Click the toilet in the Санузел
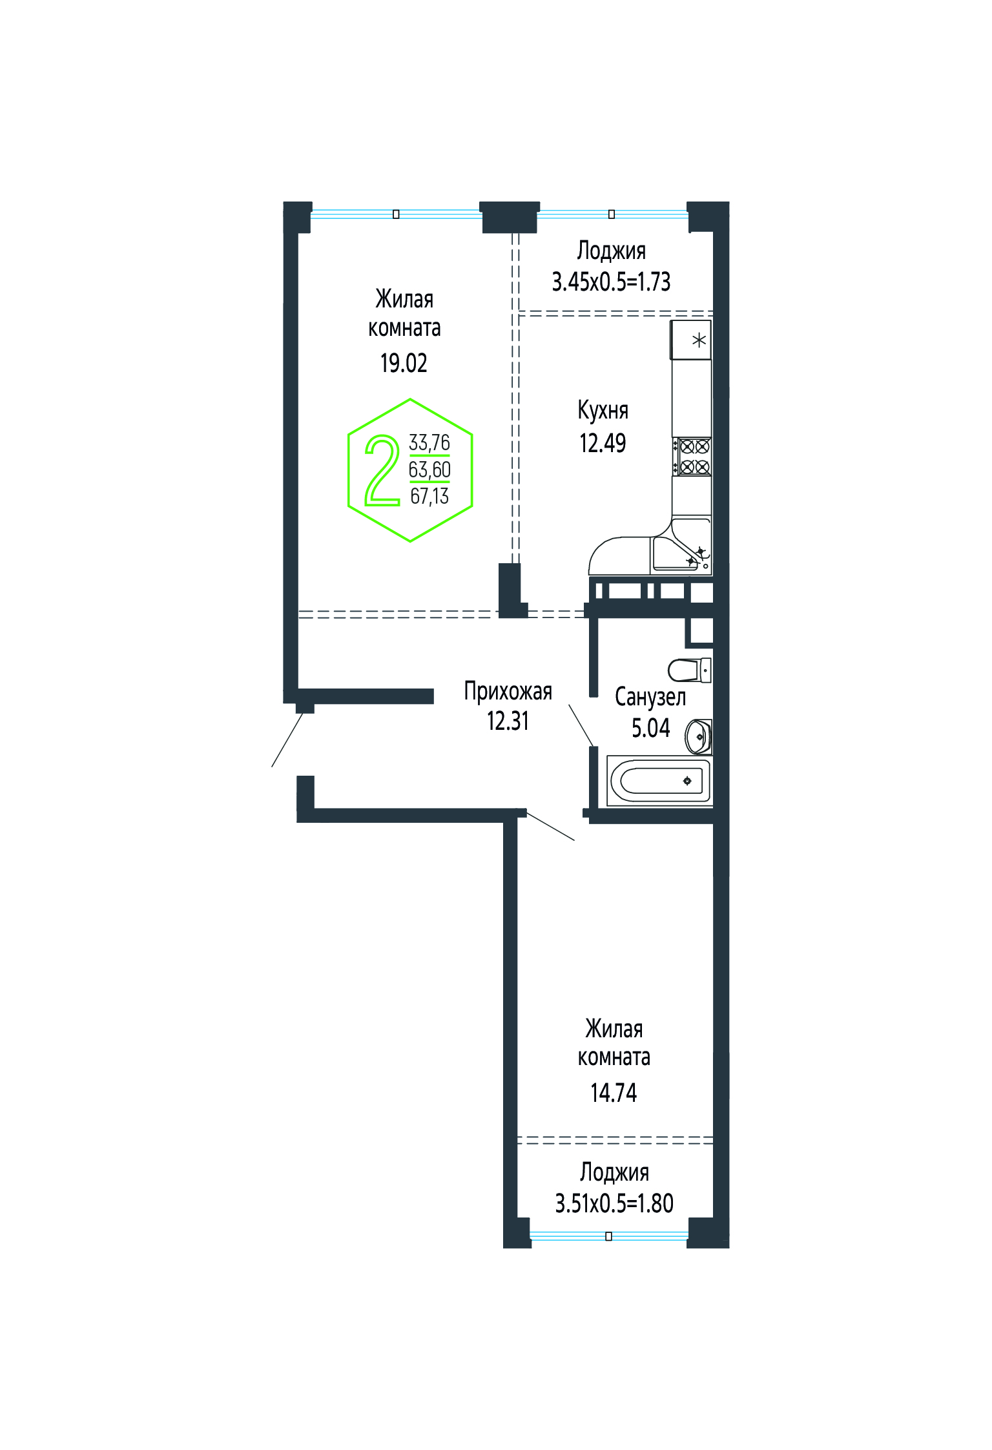point(689,670)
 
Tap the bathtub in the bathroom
point(659,781)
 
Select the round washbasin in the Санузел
point(699,736)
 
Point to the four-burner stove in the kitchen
point(692,457)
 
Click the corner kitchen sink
point(682,546)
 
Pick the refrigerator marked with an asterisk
point(691,340)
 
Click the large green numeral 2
point(382,470)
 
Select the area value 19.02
point(404,363)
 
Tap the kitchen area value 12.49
point(603,443)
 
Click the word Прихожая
point(508,691)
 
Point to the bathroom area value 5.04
point(650,728)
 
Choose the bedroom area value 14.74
point(614,1093)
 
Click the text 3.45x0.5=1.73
point(611,282)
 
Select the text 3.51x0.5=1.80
point(614,1203)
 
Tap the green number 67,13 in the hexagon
point(429,496)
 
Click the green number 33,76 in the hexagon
point(429,442)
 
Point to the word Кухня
point(603,410)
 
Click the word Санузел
point(650,697)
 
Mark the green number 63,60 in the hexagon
point(429,470)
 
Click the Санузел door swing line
point(581,725)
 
